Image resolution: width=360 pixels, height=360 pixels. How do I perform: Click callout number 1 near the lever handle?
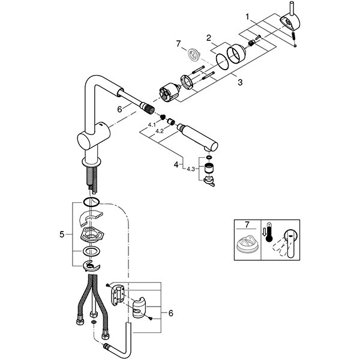pyautogui.click(x=247, y=17)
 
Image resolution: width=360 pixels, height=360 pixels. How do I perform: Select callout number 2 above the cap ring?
pyautogui.click(x=208, y=38)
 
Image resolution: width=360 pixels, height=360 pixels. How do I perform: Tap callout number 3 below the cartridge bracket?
pyautogui.click(x=240, y=82)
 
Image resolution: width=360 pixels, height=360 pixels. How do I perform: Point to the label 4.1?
pyautogui.click(x=152, y=125)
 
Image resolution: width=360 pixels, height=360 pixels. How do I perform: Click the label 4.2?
pyautogui.click(x=160, y=131)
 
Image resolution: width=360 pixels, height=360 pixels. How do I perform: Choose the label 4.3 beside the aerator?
pyautogui.click(x=191, y=169)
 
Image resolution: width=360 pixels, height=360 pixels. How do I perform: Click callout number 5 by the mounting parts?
pyautogui.click(x=62, y=235)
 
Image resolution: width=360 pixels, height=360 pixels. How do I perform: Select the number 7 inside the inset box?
pyautogui.click(x=247, y=224)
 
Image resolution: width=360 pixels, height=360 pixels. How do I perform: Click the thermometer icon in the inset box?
pyautogui.click(x=269, y=232)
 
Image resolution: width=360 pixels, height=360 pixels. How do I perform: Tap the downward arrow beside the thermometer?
pyautogui.click(x=264, y=232)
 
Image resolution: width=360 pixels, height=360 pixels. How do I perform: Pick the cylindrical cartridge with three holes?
pyautogui.click(x=169, y=92)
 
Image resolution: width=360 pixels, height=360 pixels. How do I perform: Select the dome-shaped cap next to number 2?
pyautogui.click(x=236, y=53)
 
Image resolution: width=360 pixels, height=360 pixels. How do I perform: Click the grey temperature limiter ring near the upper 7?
pyautogui.click(x=194, y=55)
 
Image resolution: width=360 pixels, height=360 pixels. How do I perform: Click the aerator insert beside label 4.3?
pyautogui.click(x=209, y=169)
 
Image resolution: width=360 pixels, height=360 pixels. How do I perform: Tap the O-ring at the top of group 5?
pyautogui.click(x=91, y=202)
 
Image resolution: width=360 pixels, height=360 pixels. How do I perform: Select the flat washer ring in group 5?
pyautogui.click(x=91, y=251)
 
